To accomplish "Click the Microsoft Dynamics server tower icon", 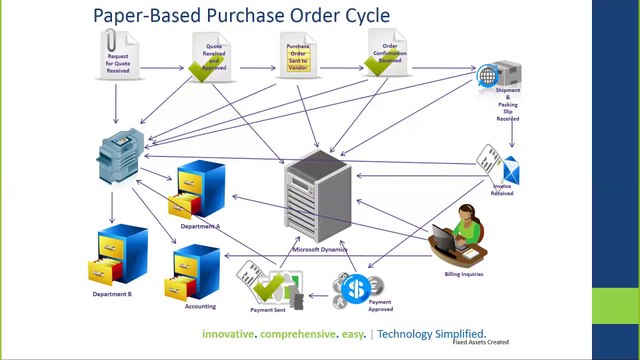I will (x=317, y=200).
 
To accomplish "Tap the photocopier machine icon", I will (x=121, y=157).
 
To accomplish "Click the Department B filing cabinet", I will (x=122, y=257).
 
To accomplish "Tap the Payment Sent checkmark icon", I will (x=268, y=286).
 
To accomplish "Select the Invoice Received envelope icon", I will (x=499, y=166).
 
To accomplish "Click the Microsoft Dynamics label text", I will (x=319, y=249).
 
